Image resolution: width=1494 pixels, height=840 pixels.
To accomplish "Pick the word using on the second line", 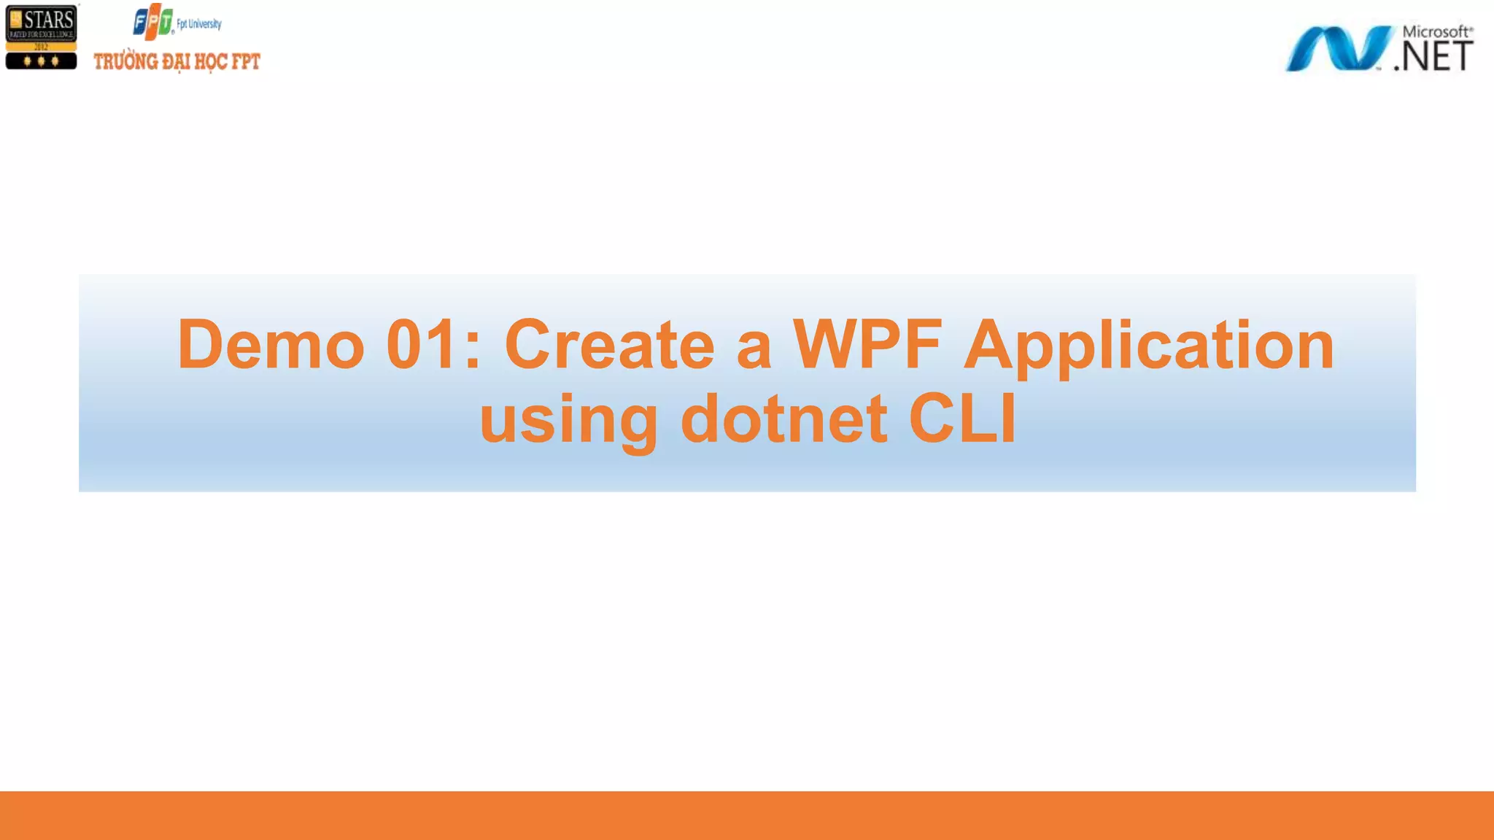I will (x=568, y=420).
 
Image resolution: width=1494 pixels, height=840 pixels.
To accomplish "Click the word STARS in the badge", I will (x=49, y=20).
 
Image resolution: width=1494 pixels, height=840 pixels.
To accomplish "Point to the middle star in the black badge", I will (x=41, y=61).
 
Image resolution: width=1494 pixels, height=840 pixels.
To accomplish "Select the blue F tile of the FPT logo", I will (x=142, y=23).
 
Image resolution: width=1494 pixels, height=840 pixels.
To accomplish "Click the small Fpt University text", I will (x=199, y=24).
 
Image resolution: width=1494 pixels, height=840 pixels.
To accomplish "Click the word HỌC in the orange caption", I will (x=211, y=62).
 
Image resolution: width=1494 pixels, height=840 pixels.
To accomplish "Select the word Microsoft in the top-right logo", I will (x=1436, y=31).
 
